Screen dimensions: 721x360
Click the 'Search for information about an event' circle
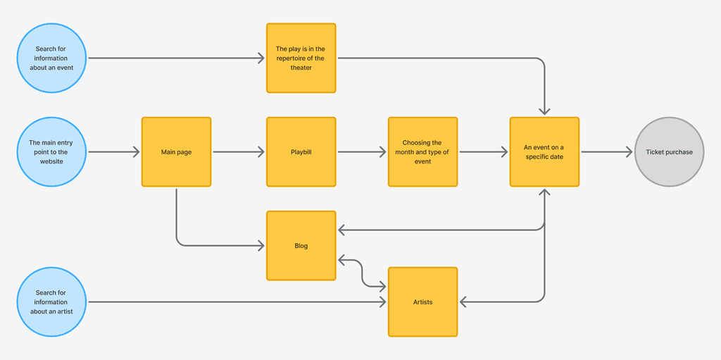pyautogui.click(x=51, y=58)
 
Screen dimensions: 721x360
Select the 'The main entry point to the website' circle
pyautogui.click(x=51, y=152)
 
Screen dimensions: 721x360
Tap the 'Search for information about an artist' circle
pyautogui.click(x=51, y=302)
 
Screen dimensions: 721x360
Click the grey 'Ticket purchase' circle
pyautogui.click(x=669, y=152)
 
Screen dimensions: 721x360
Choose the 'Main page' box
pyautogui.click(x=176, y=152)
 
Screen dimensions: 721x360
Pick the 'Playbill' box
pyautogui.click(x=301, y=152)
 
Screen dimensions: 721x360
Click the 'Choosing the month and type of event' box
pyautogui.click(x=422, y=152)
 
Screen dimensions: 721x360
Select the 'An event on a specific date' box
pyautogui.click(x=544, y=152)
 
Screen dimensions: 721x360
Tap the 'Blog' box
pyautogui.click(x=301, y=246)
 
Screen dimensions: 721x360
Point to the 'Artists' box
pyautogui.click(x=422, y=302)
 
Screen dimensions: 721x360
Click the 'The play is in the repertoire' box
pyautogui.click(x=301, y=58)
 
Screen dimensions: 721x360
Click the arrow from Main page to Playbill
pyautogui.click(x=239, y=152)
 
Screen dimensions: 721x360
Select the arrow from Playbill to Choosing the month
pyautogui.click(x=362, y=152)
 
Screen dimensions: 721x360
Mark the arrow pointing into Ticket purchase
pyautogui.click(x=607, y=152)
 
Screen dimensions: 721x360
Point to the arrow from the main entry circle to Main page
pyautogui.click(x=114, y=152)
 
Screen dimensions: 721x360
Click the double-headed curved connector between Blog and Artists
pyautogui.click(x=362, y=274)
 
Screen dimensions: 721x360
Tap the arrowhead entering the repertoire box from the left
pyautogui.click(x=261, y=58)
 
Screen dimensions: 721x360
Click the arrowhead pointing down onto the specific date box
pyautogui.click(x=544, y=111)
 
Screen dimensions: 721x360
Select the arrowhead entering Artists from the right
pyautogui.click(x=463, y=302)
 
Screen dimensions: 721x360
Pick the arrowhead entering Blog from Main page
pyautogui.click(x=261, y=246)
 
